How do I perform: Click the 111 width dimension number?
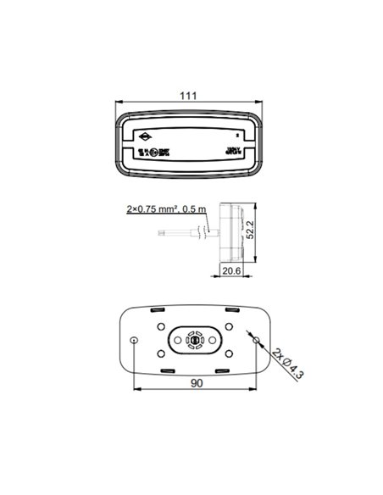tap(188, 96)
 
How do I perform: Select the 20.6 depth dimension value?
tap(230, 270)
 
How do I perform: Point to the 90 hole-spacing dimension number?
tap(196, 383)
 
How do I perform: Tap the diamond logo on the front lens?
tap(147, 136)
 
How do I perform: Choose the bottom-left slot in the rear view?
tap(165, 370)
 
